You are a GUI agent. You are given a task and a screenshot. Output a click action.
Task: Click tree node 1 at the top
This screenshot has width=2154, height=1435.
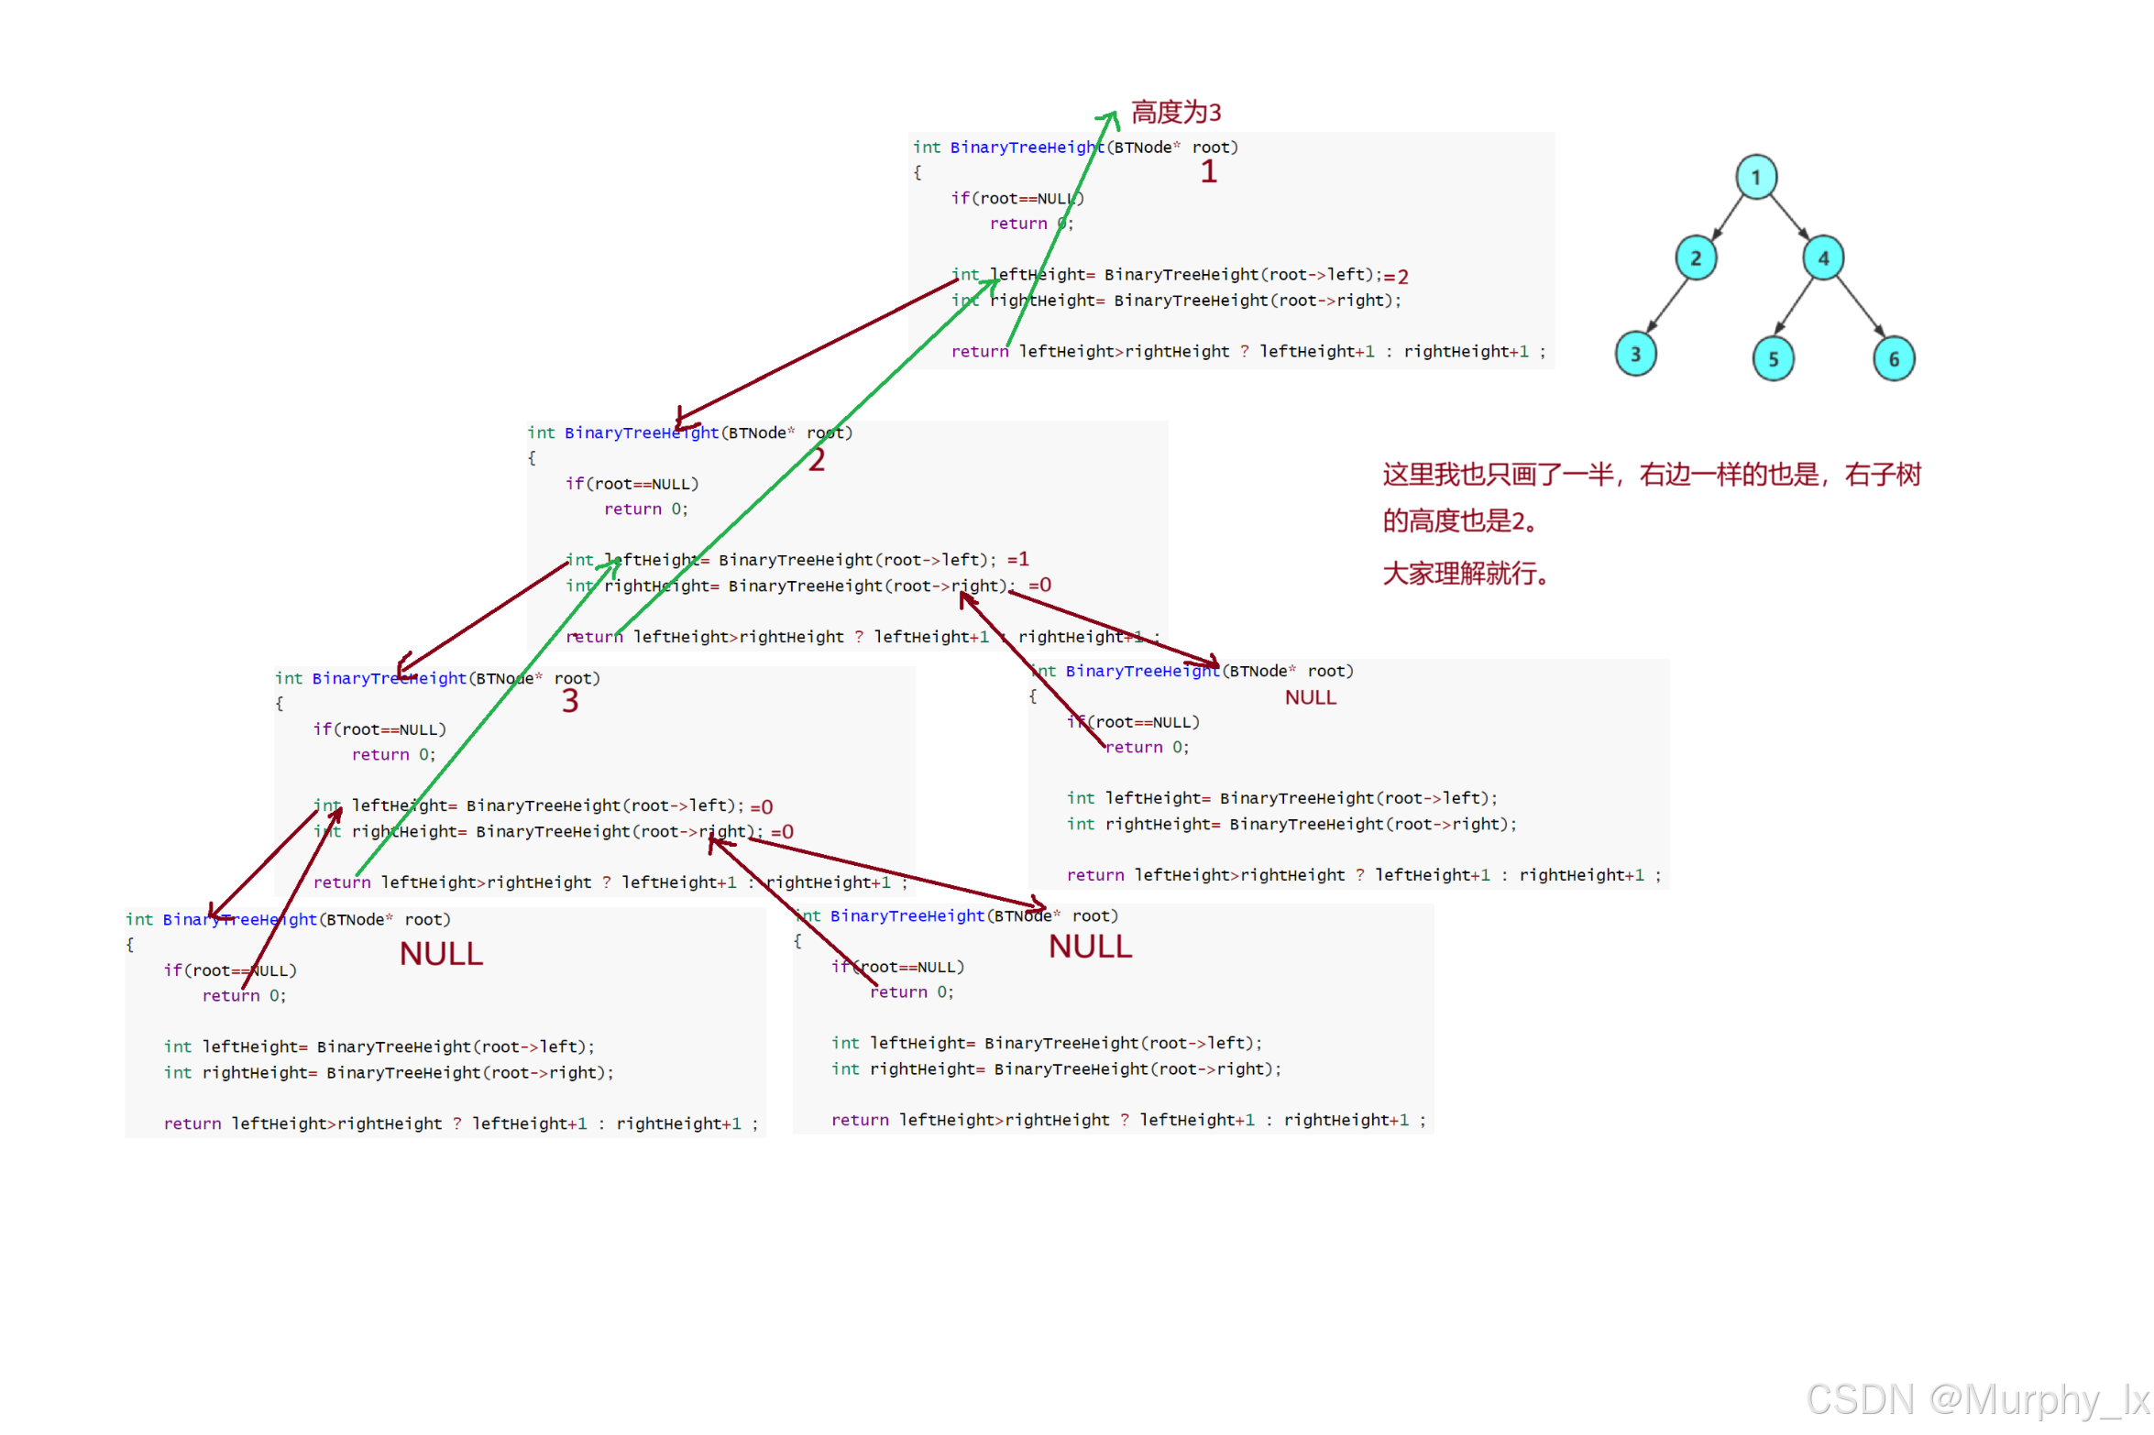click(1755, 177)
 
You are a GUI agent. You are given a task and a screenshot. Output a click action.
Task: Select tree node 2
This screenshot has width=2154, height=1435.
click(1695, 258)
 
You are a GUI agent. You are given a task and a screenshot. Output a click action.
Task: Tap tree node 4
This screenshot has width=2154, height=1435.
click(1822, 258)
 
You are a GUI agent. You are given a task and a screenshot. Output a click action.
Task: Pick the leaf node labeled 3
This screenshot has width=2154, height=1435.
click(1635, 355)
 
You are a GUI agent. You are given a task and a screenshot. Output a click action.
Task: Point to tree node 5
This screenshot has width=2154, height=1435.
click(1773, 358)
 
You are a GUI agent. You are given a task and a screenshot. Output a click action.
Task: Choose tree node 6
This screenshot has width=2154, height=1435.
click(1894, 358)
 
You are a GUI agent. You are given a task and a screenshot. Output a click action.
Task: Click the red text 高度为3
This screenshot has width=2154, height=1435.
click(1175, 113)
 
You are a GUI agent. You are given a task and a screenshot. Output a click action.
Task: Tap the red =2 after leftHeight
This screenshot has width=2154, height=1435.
click(1396, 277)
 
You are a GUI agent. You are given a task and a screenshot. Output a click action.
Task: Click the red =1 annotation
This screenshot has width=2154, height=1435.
click(1017, 559)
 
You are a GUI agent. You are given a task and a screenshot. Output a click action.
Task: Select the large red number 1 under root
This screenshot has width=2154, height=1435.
click(1208, 172)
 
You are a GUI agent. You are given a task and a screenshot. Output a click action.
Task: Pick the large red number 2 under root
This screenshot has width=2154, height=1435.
click(816, 460)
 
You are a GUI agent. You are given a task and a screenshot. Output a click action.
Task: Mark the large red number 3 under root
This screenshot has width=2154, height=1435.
click(569, 701)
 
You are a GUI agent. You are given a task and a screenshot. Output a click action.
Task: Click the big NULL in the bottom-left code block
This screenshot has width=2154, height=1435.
click(441, 954)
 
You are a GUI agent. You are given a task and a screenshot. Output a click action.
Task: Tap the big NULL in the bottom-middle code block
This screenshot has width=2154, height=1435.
click(1090, 947)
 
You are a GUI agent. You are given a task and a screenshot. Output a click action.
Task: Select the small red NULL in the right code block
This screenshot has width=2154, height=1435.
click(1310, 697)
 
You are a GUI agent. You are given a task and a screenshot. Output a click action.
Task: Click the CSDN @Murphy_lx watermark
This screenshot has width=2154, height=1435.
click(1976, 1399)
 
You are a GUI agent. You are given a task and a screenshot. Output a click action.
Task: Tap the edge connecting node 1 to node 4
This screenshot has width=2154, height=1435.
click(1788, 217)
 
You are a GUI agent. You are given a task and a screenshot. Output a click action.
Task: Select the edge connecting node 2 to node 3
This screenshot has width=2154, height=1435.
click(1667, 304)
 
